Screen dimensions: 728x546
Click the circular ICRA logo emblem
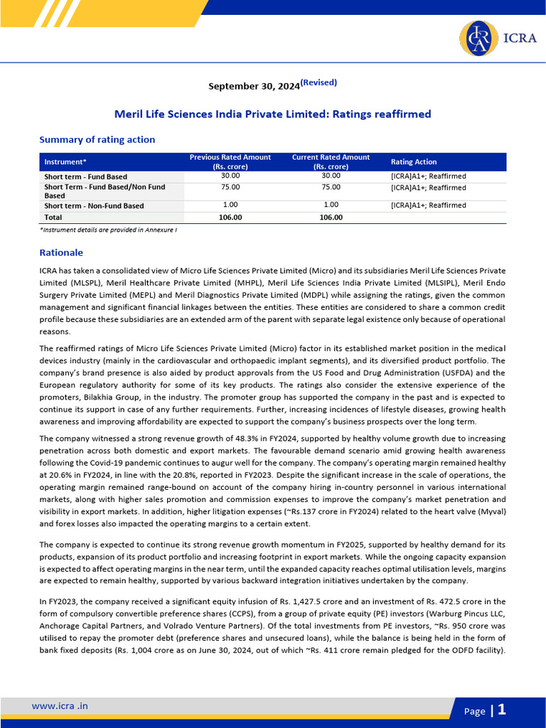pyautogui.click(x=478, y=39)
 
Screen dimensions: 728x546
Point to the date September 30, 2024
pyautogui.click(x=253, y=87)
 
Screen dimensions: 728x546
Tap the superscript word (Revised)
pyautogui.click(x=318, y=82)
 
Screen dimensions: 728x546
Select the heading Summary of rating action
pyautogui.click(x=97, y=139)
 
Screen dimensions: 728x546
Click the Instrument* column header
pyautogui.click(x=65, y=162)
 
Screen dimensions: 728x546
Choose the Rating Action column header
pyautogui.click(x=414, y=162)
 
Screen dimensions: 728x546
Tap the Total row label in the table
pyautogui.click(x=53, y=218)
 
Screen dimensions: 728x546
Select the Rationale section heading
pyautogui.click(x=61, y=252)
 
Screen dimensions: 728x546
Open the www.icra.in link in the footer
pyautogui.click(x=60, y=706)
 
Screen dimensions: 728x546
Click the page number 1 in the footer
pyautogui.click(x=502, y=709)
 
